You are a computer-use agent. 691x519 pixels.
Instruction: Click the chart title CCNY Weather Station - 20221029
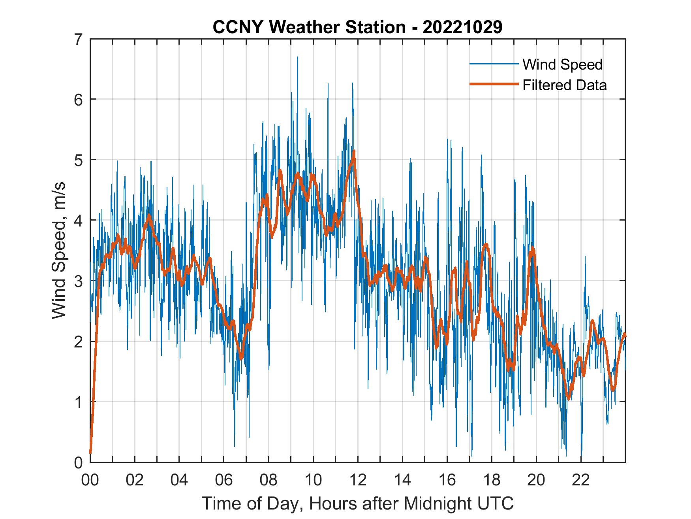[x=357, y=27]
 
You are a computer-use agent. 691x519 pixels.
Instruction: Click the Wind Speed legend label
[x=562, y=64]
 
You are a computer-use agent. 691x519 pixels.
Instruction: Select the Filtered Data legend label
[x=564, y=85]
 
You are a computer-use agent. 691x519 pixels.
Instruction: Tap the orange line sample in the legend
[x=494, y=85]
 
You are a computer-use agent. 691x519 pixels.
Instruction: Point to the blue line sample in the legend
[x=494, y=64]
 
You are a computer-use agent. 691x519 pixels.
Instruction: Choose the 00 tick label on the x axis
[x=90, y=480]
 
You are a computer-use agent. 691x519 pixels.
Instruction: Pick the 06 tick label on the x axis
[x=224, y=480]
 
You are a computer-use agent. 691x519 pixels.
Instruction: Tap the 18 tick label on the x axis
[x=492, y=480]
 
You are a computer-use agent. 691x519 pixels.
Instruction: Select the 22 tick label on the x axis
[x=581, y=480]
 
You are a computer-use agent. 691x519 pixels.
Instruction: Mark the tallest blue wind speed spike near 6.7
[x=297, y=58]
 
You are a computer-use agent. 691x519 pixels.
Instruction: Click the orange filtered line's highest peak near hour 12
[x=354, y=151]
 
